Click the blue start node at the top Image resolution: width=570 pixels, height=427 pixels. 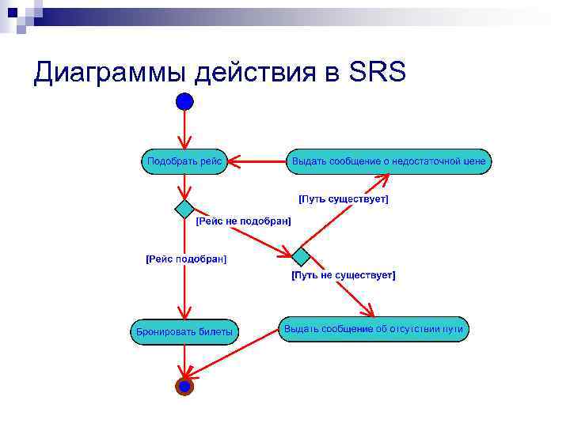(x=184, y=101)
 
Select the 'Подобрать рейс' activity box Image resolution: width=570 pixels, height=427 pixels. (x=184, y=161)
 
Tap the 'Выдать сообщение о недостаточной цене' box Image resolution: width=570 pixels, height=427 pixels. (x=389, y=161)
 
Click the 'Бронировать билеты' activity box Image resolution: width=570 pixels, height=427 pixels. (x=184, y=331)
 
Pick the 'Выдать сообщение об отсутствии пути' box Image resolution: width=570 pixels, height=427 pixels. (x=374, y=329)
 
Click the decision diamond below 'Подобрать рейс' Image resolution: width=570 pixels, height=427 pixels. (x=184, y=209)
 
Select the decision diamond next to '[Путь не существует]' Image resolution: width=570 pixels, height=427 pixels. (x=301, y=256)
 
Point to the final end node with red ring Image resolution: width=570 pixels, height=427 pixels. (x=184, y=387)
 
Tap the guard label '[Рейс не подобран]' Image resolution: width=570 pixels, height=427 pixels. (x=243, y=221)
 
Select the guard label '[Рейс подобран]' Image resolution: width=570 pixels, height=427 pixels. (x=186, y=259)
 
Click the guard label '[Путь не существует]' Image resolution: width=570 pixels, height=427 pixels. (x=344, y=275)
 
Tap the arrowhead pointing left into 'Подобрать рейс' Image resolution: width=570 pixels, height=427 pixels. (x=235, y=161)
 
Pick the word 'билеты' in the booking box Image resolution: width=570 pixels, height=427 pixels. (x=215, y=331)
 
